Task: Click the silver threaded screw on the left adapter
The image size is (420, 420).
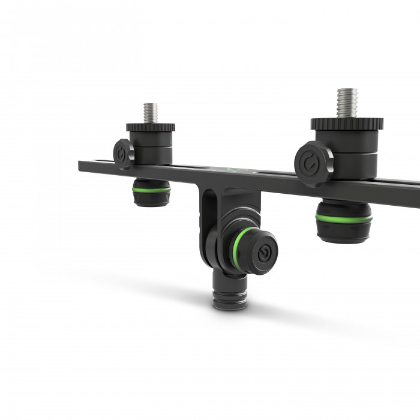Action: click(x=150, y=113)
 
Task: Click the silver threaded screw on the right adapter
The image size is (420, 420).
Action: click(x=347, y=103)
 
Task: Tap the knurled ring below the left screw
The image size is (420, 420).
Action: click(x=151, y=127)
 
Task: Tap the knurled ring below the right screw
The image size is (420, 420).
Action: click(x=347, y=124)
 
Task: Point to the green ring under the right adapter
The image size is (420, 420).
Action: click(x=344, y=219)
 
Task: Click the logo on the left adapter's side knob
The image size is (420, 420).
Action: click(x=124, y=154)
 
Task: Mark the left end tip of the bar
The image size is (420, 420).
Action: click(x=81, y=164)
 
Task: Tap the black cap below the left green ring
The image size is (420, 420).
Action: click(x=151, y=199)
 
